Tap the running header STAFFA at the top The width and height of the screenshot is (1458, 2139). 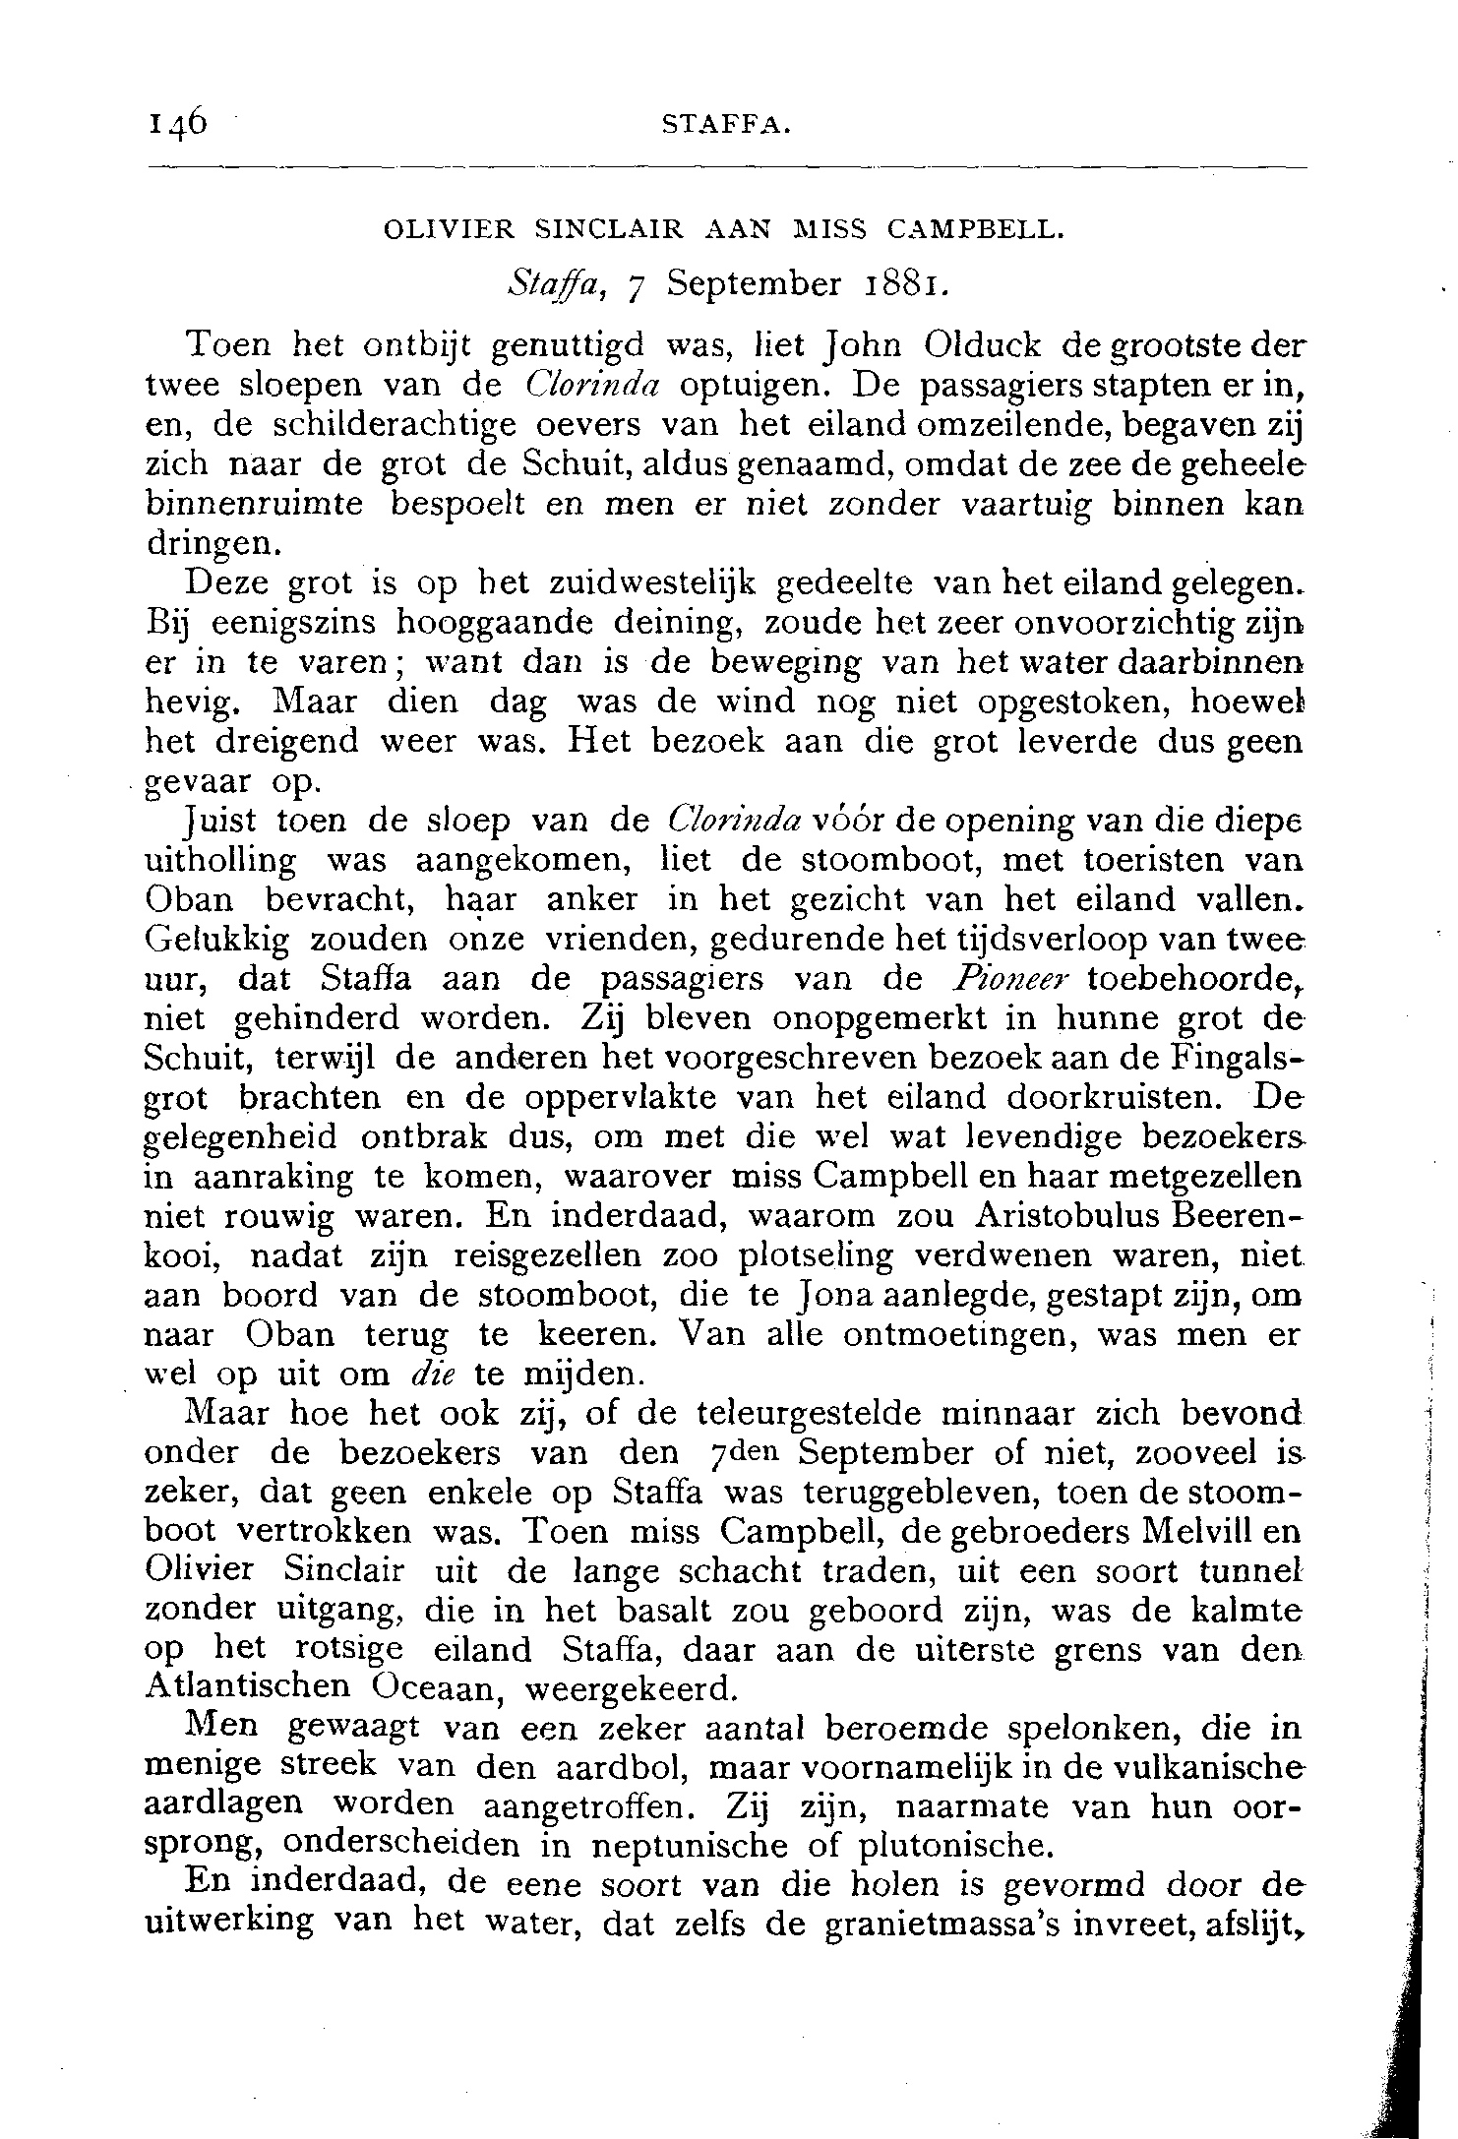click(725, 124)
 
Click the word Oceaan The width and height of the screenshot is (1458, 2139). click(439, 1687)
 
